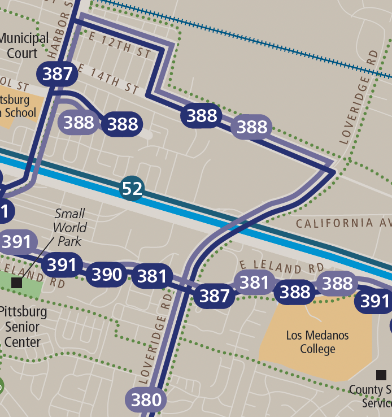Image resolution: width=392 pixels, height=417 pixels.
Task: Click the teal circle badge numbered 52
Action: [132, 188]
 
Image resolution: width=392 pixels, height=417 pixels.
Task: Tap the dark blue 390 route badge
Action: [107, 275]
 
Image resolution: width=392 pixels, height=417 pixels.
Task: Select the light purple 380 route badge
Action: [146, 400]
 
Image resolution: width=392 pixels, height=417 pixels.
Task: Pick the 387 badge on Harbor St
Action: [57, 74]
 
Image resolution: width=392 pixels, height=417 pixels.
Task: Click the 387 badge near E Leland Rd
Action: [215, 296]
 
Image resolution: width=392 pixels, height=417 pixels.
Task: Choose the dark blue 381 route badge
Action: [152, 276]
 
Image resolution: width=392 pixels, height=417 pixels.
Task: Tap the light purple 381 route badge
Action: [254, 282]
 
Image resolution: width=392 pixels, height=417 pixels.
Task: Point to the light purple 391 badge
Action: [16, 242]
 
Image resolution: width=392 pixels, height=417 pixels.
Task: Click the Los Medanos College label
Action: [317, 342]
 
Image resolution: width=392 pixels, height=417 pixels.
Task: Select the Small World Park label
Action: [69, 227]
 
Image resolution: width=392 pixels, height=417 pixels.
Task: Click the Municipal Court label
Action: [24, 46]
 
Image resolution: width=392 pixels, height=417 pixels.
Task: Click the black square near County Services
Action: [381, 375]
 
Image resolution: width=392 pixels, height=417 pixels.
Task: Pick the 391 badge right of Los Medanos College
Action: [374, 302]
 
